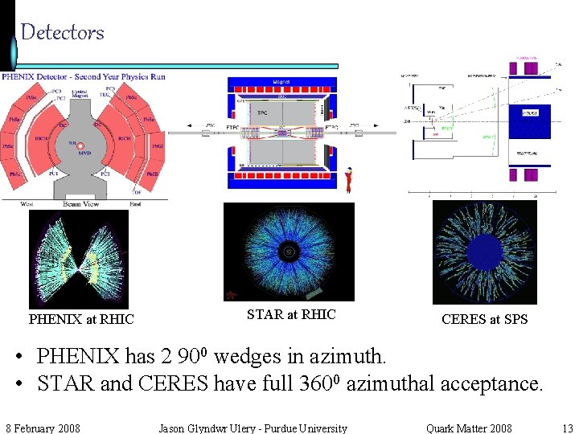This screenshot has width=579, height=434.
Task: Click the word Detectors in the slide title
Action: point(62,32)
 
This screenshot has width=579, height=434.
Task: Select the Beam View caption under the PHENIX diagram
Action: point(81,204)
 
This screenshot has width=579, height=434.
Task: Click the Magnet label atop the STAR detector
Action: point(281,81)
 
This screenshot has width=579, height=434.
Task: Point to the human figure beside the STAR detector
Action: point(348,180)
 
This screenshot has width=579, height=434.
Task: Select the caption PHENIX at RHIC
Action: point(81,319)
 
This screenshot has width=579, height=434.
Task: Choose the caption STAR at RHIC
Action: point(291,314)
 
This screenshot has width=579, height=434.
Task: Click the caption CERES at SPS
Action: point(485,319)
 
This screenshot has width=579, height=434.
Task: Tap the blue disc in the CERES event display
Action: point(484,252)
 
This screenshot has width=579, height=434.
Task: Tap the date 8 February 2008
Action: point(43,428)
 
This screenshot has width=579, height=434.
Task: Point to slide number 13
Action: point(568,428)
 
